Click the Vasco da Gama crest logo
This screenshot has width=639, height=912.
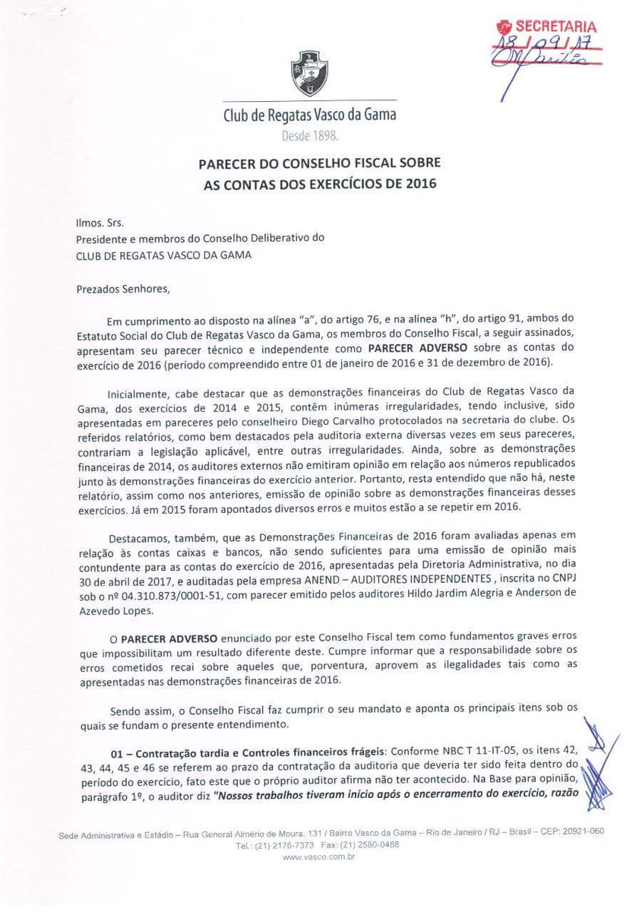tap(309, 73)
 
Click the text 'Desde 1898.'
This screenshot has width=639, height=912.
tap(308, 137)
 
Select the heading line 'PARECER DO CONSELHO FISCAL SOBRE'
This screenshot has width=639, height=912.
tap(319, 163)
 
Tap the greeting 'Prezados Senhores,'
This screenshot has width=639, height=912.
tap(119, 288)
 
